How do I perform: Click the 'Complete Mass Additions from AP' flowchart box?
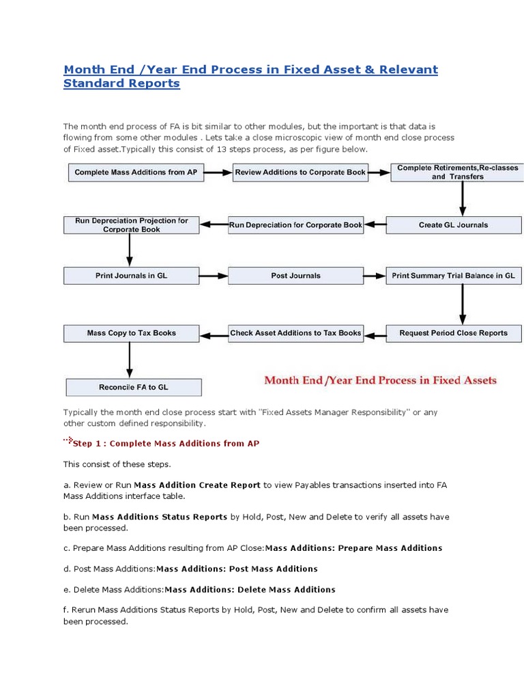[x=136, y=172]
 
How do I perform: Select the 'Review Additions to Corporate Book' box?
[x=300, y=172]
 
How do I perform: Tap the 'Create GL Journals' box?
[x=453, y=225]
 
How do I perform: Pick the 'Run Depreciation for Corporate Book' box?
[x=295, y=225]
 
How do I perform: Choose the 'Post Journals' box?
[x=295, y=276]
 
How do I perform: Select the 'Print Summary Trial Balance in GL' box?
[x=453, y=276]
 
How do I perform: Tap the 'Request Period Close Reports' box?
[x=453, y=333]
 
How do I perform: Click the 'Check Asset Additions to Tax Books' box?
[x=295, y=333]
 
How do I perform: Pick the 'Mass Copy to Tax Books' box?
[x=131, y=333]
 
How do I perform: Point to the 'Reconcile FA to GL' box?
[x=134, y=387]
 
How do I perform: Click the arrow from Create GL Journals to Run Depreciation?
[x=375, y=225]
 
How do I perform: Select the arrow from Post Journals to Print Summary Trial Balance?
[x=374, y=276]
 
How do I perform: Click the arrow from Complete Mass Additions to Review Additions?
[x=218, y=172]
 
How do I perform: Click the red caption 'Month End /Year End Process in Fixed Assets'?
[x=380, y=380]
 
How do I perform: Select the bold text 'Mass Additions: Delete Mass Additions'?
[x=250, y=589]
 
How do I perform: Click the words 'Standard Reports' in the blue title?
[x=121, y=84]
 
